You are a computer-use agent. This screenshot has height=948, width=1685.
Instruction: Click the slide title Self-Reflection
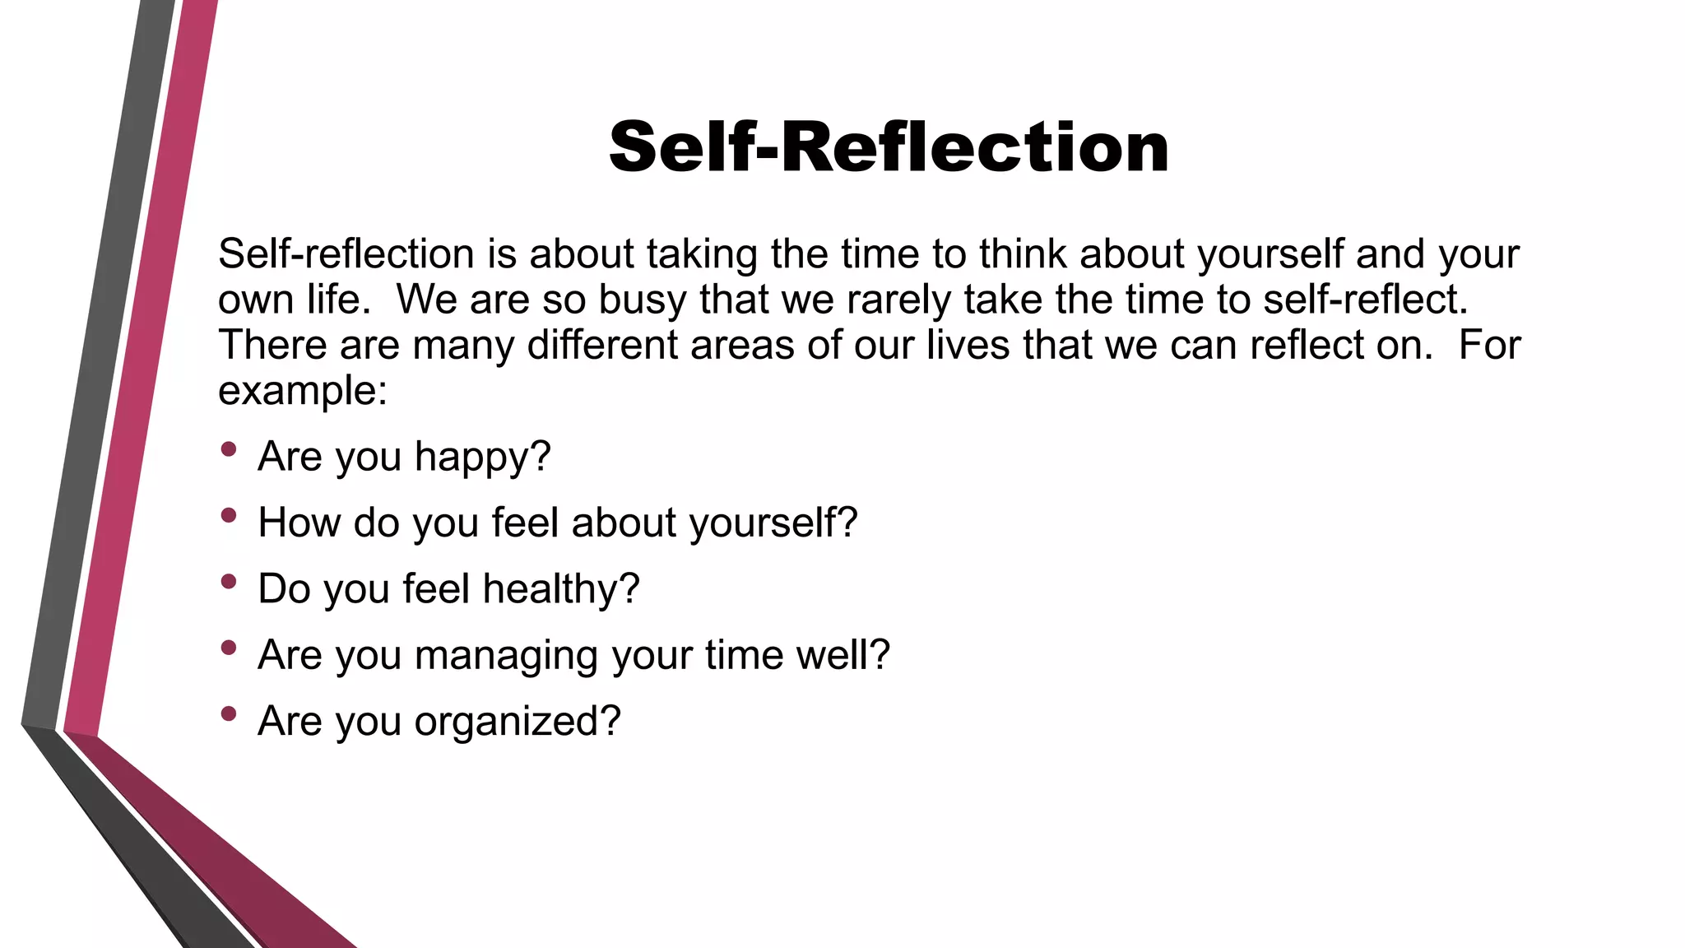[889, 147]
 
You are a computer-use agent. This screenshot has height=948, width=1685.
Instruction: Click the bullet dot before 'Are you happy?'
[229, 449]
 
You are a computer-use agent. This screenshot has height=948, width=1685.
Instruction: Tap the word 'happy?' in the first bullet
[482, 458]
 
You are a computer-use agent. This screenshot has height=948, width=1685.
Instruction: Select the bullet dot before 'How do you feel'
[229, 516]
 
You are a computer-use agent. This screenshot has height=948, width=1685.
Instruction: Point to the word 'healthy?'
[561, 589]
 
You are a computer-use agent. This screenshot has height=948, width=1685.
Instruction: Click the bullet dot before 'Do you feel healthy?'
[229, 582]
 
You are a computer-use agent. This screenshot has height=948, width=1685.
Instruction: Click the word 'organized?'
[518, 723]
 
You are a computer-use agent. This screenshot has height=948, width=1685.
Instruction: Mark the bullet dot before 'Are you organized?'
[229, 713]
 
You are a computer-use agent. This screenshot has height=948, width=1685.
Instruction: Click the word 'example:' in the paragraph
[302, 391]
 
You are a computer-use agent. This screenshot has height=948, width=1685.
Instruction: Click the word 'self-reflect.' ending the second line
[1366, 300]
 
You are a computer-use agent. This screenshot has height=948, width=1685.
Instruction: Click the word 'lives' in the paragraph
[968, 345]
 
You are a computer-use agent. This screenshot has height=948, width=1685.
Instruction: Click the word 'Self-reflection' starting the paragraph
[346, 254]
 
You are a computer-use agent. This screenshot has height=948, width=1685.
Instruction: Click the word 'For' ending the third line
[1489, 345]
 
